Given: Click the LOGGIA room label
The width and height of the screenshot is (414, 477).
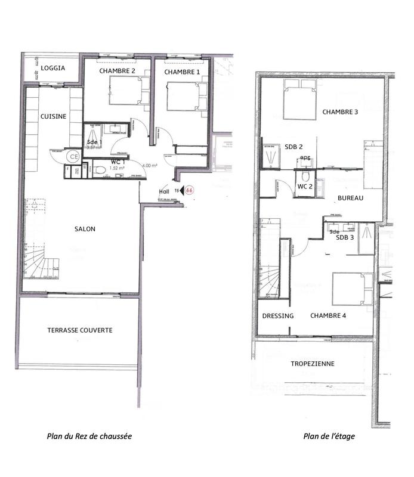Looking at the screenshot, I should [53, 68].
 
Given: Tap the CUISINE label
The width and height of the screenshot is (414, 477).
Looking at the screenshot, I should [54, 116].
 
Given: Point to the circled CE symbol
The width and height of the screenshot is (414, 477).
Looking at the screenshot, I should [73, 156].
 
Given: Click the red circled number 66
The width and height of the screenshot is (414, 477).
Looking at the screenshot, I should [190, 190].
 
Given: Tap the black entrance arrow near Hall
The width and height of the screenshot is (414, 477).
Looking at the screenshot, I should [181, 190].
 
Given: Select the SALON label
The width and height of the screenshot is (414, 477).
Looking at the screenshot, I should [85, 228].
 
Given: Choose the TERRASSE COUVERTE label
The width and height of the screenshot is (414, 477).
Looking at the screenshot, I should [80, 330].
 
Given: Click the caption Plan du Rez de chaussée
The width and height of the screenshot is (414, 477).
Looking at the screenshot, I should [89, 436].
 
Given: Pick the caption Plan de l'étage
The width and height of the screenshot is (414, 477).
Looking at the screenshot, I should [329, 436].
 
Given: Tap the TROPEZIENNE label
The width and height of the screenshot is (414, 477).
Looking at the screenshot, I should [312, 364].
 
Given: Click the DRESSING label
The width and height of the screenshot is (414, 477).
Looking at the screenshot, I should [278, 315].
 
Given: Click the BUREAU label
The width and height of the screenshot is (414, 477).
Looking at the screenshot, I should [351, 198].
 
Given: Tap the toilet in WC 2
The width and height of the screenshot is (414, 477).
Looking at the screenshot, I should [305, 176].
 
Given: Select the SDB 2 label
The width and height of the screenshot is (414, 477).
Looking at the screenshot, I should [294, 147].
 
